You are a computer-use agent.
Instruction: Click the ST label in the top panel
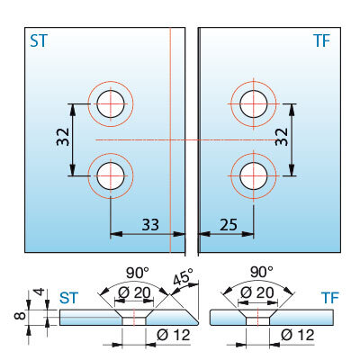pyautogui.click(x=39, y=40)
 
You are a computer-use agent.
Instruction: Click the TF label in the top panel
pyautogui.click(x=321, y=40)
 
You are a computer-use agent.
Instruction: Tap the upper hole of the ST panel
pyautogui.click(x=111, y=103)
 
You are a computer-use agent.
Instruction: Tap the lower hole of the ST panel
pyautogui.click(x=111, y=175)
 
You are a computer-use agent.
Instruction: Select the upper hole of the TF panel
pyautogui.click(x=254, y=103)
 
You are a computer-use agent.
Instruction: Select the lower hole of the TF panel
pyautogui.click(x=254, y=175)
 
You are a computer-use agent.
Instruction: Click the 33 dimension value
pyautogui.click(x=150, y=224)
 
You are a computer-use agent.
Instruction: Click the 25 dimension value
pyautogui.click(x=229, y=224)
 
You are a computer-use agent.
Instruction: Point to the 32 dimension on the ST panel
pyautogui.click(x=63, y=137)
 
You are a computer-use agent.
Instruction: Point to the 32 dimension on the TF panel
pyautogui.click(x=282, y=137)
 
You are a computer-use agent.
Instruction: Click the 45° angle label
pyautogui.click(x=184, y=276)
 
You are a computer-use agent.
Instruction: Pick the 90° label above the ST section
pyautogui.click(x=138, y=273)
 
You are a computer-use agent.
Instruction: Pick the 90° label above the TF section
pyautogui.click(x=262, y=272)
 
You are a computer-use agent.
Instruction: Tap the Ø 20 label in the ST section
pyautogui.click(x=134, y=292)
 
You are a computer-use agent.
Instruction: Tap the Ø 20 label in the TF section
pyautogui.click(x=257, y=292)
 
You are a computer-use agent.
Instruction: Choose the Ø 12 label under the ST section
pyautogui.click(x=174, y=335)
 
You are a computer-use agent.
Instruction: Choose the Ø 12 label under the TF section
pyautogui.click(x=298, y=335)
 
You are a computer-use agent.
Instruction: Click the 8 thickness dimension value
pyautogui.click(x=21, y=316)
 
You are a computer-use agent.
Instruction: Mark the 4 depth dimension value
pyautogui.click(x=40, y=292)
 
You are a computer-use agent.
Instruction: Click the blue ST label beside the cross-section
pyautogui.click(x=68, y=298)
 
